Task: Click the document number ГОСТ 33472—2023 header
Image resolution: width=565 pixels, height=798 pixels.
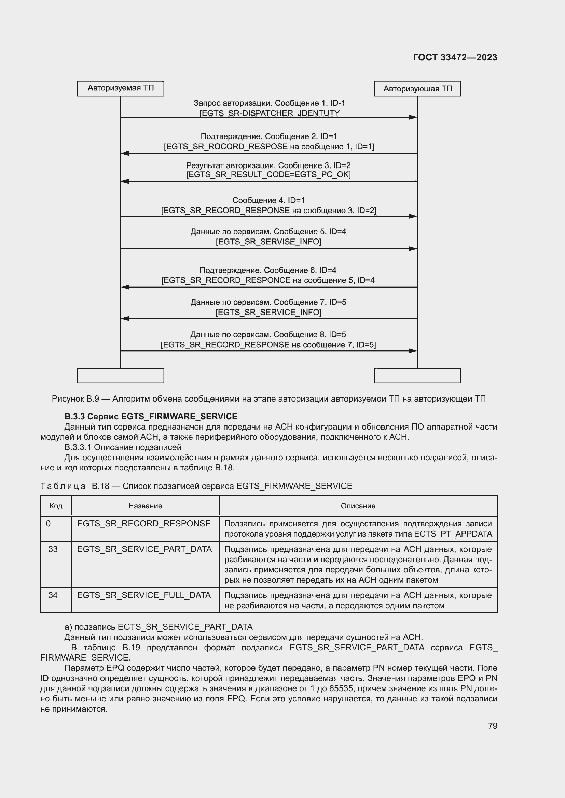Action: (x=455, y=57)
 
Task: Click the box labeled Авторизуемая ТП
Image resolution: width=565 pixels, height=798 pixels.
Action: (x=120, y=88)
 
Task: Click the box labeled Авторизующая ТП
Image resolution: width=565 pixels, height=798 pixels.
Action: (x=417, y=89)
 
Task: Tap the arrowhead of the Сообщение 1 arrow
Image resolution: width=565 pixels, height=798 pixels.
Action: (x=413, y=117)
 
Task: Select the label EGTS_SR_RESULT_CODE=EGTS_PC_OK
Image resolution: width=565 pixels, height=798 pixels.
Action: (x=268, y=174)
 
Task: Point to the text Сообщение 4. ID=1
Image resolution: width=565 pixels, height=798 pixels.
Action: (x=268, y=200)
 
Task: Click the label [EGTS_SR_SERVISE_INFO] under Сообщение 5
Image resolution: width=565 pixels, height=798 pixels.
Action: (x=268, y=242)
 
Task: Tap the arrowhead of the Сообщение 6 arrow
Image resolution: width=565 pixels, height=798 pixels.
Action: (x=125, y=287)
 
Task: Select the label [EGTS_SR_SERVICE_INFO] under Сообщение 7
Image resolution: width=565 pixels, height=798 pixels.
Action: (x=268, y=312)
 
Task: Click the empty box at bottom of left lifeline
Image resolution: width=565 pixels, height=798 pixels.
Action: (x=120, y=376)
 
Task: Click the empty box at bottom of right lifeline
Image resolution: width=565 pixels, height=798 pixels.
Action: (x=417, y=376)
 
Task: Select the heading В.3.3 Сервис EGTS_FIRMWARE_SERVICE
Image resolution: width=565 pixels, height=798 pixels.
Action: (x=151, y=416)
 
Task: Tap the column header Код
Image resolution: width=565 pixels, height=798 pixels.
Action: (x=56, y=506)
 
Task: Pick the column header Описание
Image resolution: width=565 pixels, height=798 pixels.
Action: (x=358, y=506)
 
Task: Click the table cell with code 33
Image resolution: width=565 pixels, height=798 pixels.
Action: (x=53, y=549)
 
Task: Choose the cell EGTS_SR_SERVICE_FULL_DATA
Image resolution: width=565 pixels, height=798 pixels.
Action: (x=144, y=595)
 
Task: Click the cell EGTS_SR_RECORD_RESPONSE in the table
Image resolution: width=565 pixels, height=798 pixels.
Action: (x=144, y=523)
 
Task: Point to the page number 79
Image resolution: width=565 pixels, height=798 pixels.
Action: (x=492, y=726)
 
